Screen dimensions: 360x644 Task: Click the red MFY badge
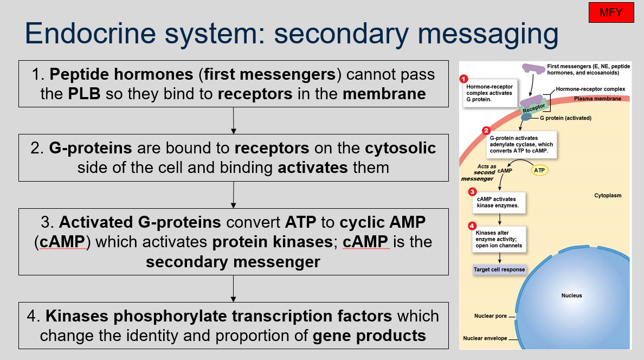(x=611, y=12)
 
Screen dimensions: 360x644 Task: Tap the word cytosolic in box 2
(x=401, y=148)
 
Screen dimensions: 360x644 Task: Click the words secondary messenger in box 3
(x=233, y=262)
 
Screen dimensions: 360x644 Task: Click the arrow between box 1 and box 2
(x=233, y=120)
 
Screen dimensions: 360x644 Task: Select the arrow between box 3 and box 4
(x=233, y=288)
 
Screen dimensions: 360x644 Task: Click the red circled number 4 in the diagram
(x=472, y=226)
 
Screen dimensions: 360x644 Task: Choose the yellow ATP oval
(x=539, y=170)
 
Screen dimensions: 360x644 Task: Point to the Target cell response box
(x=499, y=269)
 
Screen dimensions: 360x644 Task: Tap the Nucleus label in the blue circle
(x=571, y=295)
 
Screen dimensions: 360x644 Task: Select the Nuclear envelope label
(x=485, y=338)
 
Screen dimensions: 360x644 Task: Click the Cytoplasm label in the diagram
(x=607, y=195)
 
